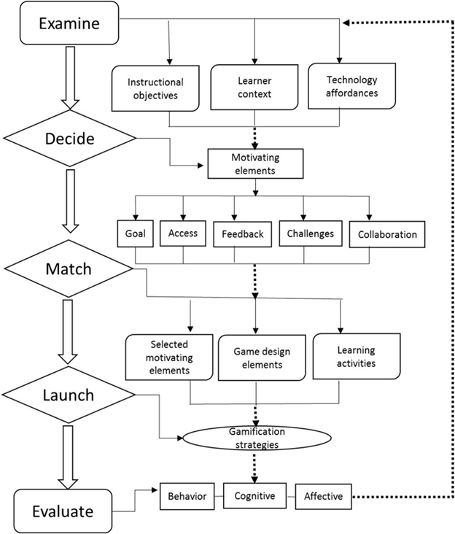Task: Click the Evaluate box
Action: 63,511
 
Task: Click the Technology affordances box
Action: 351,86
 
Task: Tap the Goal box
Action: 133,235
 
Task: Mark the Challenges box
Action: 309,235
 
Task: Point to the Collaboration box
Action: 387,235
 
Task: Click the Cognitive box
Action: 255,497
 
